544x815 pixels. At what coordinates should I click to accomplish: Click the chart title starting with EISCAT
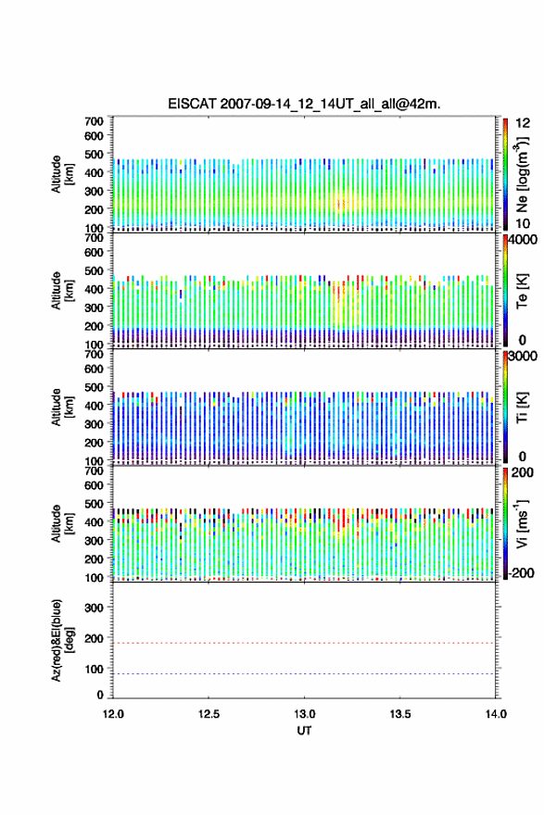(x=304, y=104)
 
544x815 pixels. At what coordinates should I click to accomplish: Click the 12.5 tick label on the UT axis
(x=209, y=714)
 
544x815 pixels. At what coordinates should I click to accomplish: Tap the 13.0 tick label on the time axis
(x=304, y=714)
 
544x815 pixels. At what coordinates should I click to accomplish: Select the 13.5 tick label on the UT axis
(x=400, y=714)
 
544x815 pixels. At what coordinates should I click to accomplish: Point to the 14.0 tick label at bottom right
(x=496, y=714)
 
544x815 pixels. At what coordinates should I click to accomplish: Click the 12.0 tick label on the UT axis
(x=113, y=714)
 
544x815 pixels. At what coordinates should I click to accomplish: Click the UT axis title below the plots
(x=304, y=731)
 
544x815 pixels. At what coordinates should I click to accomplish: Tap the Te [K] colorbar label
(x=522, y=291)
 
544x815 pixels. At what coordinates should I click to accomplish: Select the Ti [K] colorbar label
(x=522, y=407)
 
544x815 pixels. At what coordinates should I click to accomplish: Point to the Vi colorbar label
(x=522, y=524)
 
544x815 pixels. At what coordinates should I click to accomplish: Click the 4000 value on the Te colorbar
(x=522, y=240)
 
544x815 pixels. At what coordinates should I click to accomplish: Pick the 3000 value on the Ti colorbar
(x=522, y=356)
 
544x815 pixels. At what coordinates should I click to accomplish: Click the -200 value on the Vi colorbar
(x=519, y=572)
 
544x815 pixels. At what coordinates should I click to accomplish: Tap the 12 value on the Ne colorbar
(x=523, y=123)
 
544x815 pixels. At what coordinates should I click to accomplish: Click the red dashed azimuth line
(x=304, y=643)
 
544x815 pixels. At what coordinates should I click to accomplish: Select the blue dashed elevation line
(x=304, y=673)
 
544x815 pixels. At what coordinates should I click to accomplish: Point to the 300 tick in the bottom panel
(x=94, y=608)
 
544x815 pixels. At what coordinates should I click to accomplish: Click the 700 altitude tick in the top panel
(x=94, y=121)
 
